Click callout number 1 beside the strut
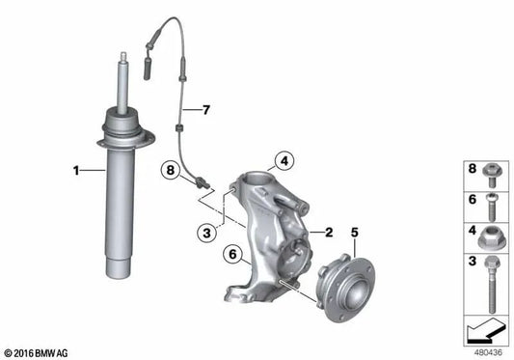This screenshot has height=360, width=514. pyautogui.click(x=76, y=172)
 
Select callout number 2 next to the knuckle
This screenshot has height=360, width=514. pyautogui.click(x=329, y=232)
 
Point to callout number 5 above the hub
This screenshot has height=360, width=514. pyautogui.click(x=354, y=232)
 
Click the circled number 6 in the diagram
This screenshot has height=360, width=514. pyautogui.click(x=230, y=254)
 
